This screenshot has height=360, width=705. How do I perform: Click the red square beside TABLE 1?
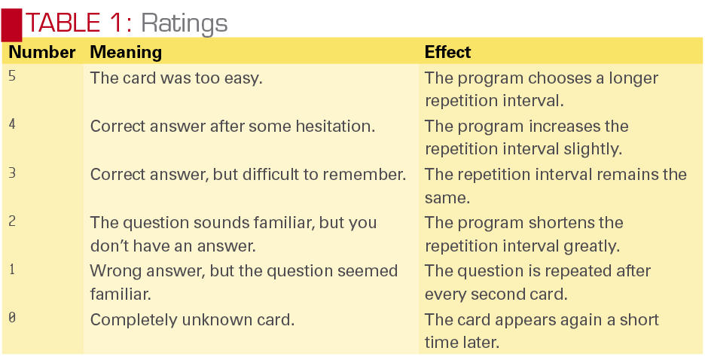[12, 24]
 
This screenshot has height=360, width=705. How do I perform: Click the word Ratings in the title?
[185, 23]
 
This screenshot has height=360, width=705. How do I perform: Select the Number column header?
[42, 52]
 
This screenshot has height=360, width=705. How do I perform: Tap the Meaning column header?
[126, 53]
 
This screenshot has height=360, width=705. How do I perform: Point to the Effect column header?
[447, 52]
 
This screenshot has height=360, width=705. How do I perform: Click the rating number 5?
[12, 76]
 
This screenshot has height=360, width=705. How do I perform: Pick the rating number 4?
[12, 124]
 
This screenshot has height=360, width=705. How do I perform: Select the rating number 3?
[12, 173]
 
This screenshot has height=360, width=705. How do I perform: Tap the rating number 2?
[12, 221]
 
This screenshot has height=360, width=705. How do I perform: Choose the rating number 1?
[12, 270]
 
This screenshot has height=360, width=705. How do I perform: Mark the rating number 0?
[12, 318]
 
